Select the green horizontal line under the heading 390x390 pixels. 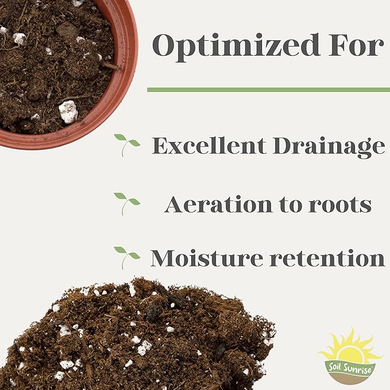(268, 90)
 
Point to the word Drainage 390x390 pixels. (327, 147)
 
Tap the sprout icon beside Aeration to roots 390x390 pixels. (127, 202)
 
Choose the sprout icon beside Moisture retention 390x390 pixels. (127, 257)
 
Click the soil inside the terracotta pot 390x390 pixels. (52, 63)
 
